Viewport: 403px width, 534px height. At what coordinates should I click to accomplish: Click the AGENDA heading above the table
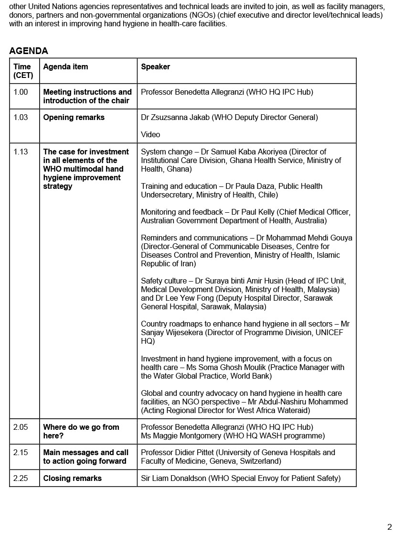point(29,51)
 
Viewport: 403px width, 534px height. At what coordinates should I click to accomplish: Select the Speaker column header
point(155,67)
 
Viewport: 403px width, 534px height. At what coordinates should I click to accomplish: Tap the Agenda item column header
point(65,67)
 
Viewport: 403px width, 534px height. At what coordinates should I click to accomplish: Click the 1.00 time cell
point(21,92)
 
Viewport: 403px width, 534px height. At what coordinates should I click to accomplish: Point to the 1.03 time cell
point(21,117)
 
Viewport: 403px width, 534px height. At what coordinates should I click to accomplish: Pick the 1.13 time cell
point(21,152)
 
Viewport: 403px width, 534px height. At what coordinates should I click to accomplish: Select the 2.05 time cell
point(21,427)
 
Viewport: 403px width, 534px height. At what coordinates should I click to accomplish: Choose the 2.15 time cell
point(21,452)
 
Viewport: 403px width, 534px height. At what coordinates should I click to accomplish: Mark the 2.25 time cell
point(21,478)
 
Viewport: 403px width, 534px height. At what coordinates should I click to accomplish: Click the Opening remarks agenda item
point(74,117)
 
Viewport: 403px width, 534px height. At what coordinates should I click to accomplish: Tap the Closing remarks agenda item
point(72,478)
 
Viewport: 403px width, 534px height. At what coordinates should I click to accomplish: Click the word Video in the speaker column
point(150,134)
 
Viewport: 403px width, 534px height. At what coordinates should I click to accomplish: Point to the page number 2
point(389,527)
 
